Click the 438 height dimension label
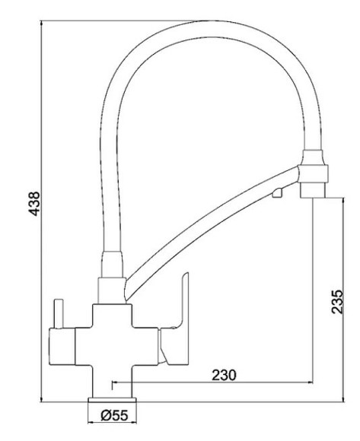[34, 204]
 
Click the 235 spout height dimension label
[337, 302]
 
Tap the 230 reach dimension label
[224, 375]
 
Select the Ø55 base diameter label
[114, 415]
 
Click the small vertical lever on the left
[59, 313]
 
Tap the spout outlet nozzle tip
[314, 191]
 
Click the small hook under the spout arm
[277, 192]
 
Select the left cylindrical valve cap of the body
[62, 347]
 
